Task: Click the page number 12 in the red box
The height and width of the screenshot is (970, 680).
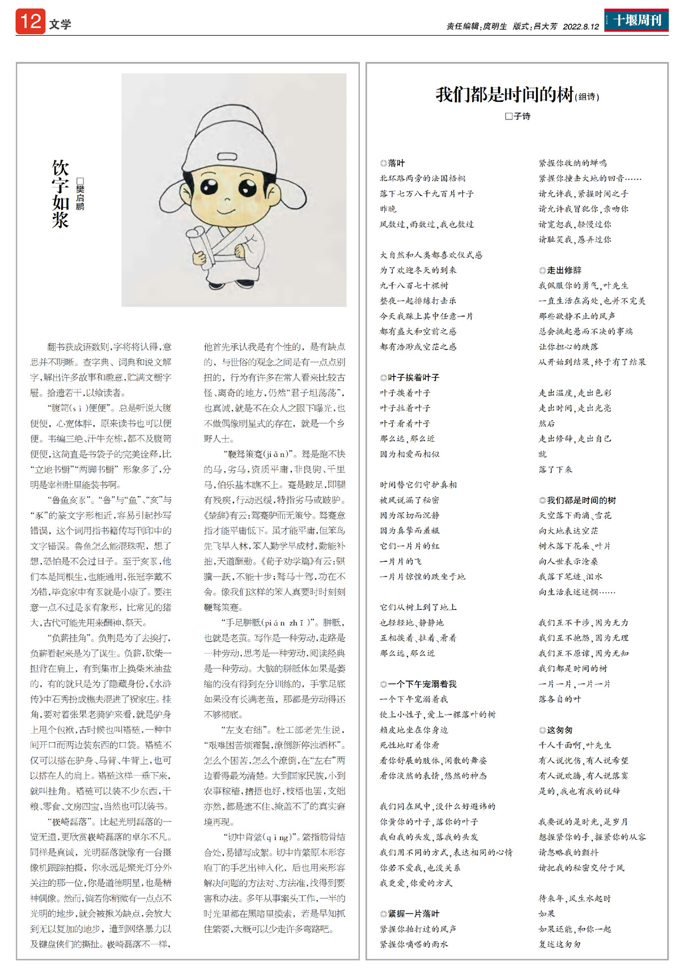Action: point(30,22)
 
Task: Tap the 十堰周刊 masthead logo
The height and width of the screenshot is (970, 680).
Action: point(636,20)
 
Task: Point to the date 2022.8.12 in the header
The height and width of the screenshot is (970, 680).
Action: point(581,27)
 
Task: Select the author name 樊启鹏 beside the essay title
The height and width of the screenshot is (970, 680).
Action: point(80,194)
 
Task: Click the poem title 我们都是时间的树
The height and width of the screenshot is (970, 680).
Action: point(504,94)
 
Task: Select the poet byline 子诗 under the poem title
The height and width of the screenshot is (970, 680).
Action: point(518,116)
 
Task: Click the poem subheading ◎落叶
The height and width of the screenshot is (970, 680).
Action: point(392,163)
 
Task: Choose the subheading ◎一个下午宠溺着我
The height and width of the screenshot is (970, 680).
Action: point(418,684)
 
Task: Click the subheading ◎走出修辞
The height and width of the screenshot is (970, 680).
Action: point(560,270)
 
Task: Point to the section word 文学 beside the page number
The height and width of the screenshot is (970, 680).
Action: point(60,24)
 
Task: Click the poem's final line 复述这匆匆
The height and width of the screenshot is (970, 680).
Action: point(559,944)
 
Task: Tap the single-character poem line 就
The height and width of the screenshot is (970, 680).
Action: point(542,454)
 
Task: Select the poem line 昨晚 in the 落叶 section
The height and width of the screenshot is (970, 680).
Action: point(388,209)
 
